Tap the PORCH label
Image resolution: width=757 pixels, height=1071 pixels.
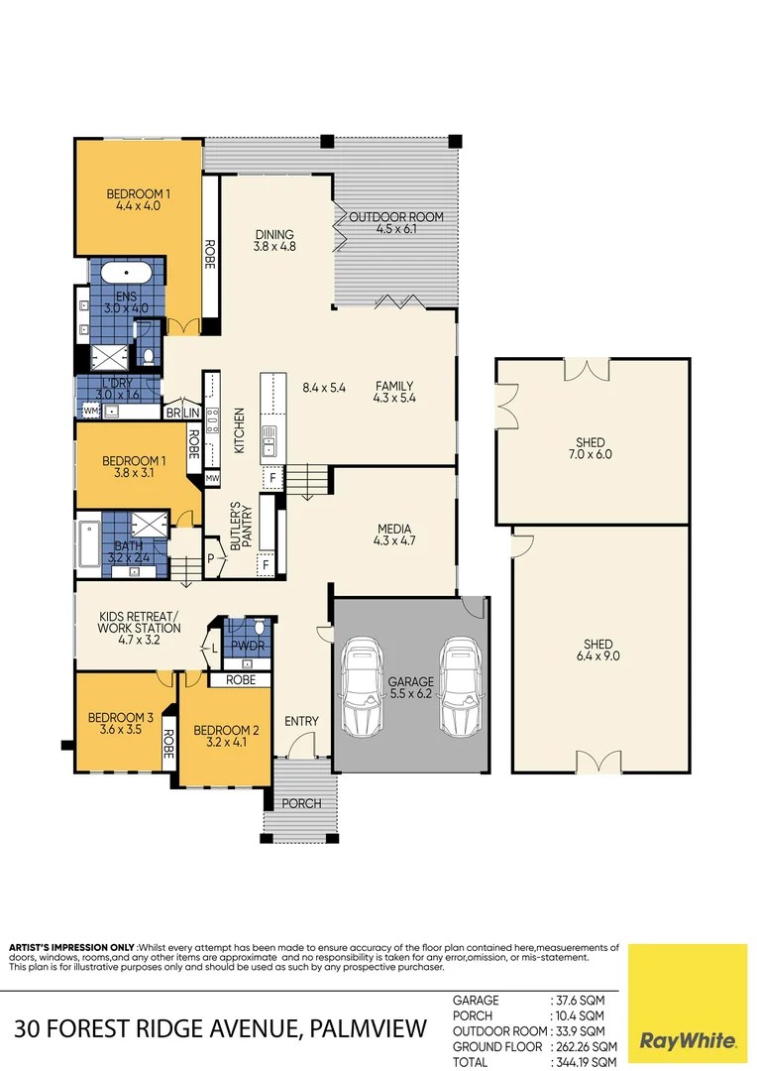[302, 803]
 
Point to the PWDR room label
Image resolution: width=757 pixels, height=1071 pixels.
[242, 646]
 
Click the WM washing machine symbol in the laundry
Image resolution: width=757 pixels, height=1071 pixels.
[90, 410]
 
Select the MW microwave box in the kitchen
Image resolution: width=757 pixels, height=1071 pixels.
[212, 479]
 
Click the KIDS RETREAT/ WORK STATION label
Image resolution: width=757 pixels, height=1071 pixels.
[140, 628]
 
